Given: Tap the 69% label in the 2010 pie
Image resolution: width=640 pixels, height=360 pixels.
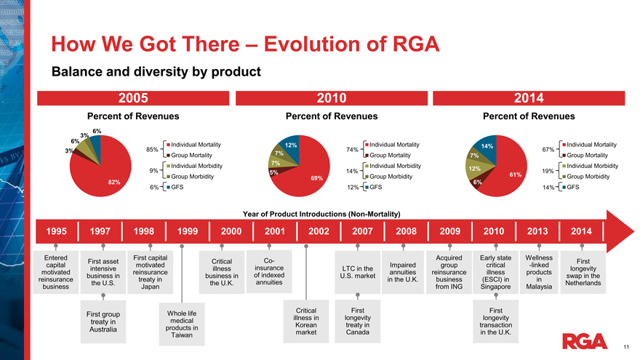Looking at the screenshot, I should coord(316,177).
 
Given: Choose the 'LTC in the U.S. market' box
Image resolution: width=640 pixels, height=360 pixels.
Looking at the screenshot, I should coord(356,272).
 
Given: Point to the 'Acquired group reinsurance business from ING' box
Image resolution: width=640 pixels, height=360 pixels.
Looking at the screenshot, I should coord(444,272).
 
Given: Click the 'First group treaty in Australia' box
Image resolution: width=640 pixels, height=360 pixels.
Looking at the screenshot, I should coord(105,321).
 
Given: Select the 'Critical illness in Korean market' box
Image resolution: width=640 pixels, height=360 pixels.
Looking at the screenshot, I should coord(306,321).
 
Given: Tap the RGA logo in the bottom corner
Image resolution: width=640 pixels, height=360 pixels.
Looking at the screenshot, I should coord(585,341).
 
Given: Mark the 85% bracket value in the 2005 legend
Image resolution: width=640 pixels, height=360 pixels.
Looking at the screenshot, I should coord(152,150).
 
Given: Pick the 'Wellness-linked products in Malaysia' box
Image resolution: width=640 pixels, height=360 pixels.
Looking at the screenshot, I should coord(539,272).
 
